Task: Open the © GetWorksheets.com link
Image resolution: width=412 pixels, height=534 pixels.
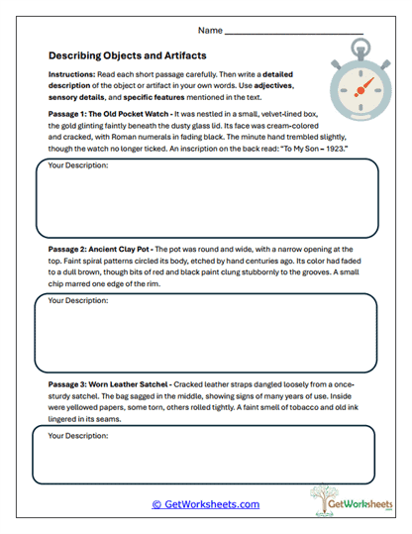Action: (x=205, y=504)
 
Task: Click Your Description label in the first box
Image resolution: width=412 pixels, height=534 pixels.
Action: (x=78, y=165)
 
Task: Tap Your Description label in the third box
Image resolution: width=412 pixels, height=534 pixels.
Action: (x=78, y=434)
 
